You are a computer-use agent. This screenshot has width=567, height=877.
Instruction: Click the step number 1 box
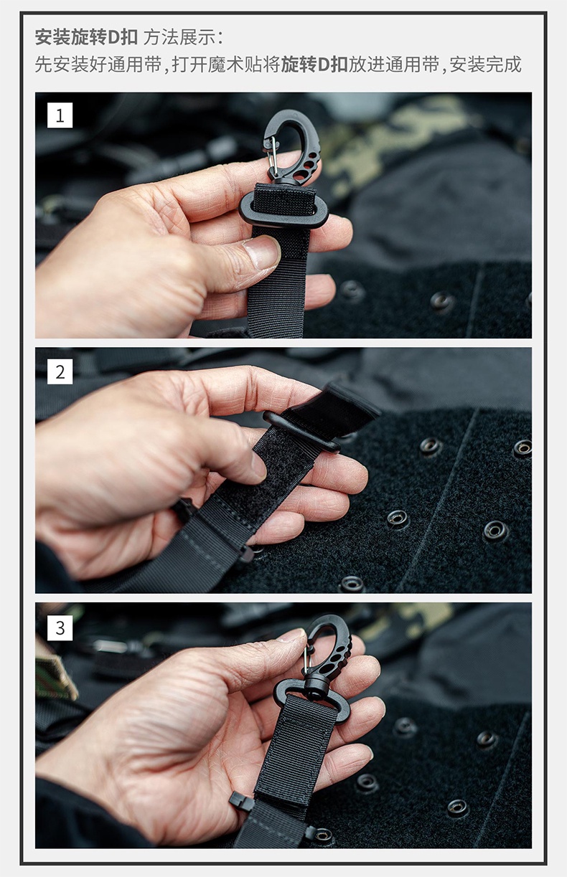click(60, 115)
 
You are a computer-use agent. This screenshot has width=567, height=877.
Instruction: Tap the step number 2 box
click(60, 371)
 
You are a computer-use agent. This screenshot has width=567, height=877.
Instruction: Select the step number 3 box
click(60, 628)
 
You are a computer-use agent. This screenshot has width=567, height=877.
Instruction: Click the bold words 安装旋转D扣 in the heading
click(86, 37)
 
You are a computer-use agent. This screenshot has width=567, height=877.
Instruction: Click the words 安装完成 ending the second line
click(485, 65)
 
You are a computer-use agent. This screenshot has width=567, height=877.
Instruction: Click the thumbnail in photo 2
click(258, 466)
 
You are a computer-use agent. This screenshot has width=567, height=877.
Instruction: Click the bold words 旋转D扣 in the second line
click(314, 65)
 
